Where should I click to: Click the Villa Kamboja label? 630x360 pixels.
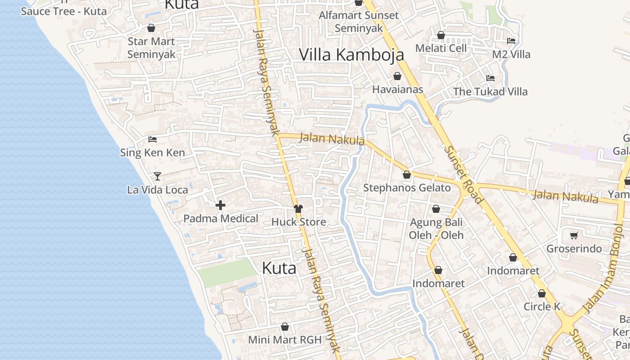(x=351, y=54)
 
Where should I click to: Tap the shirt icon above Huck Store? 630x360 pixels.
(x=298, y=208)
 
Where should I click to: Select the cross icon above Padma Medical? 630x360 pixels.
(x=220, y=205)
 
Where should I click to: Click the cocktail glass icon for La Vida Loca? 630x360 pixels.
(x=157, y=176)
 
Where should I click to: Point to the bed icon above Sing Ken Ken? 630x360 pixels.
(x=152, y=139)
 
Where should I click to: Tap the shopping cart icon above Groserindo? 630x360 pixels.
(x=574, y=235)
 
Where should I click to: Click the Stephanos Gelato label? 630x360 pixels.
(x=407, y=188)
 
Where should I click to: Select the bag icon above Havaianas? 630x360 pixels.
(x=397, y=76)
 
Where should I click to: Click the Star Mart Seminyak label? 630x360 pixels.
(x=151, y=47)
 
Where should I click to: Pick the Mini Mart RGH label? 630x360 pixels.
(x=285, y=340)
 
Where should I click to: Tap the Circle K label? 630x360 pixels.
(x=542, y=306)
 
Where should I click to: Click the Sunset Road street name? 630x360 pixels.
(x=463, y=173)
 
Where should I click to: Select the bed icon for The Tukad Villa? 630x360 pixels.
(x=490, y=78)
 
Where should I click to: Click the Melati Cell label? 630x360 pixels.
(x=441, y=48)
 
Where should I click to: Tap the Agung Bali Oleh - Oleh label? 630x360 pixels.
(x=436, y=229)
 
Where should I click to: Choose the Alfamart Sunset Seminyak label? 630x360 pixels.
(x=359, y=21)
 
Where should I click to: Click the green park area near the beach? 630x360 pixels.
(x=227, y=272)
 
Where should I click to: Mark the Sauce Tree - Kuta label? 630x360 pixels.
(x=63, y=11)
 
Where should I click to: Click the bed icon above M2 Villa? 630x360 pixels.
(x=511, y=40)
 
